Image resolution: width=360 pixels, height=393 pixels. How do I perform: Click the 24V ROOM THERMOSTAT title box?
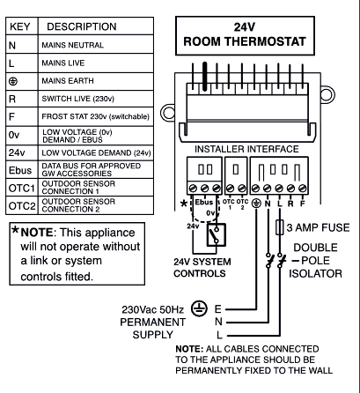tap(245, 35)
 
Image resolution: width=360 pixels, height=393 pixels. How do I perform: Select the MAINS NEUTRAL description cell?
tap(96, 45)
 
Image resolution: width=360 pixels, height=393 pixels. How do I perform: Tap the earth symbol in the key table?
tap(13, 81)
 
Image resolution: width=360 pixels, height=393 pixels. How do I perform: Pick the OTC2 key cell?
tap(22, 205)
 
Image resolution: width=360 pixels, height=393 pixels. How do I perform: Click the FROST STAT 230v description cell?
tap(96, 116)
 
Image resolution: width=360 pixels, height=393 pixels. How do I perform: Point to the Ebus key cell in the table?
tap(22, 169)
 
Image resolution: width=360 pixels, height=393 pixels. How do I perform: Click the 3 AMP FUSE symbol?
tap(280, 227)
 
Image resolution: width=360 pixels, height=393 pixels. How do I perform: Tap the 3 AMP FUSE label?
tap(319, 227)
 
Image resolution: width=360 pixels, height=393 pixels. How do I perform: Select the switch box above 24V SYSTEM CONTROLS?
tap(217, 234)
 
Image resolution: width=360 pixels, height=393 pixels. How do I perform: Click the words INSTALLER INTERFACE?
tap(246, 149)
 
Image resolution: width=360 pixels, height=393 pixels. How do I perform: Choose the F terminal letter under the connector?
tap(303, 204)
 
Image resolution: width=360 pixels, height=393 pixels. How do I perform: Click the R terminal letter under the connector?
tap(290, 204)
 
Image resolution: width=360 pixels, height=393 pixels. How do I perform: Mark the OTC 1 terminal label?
tap(229, 204)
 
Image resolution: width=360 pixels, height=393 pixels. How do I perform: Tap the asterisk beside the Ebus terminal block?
tap(184, 204)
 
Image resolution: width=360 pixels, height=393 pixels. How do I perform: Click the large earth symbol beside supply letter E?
tap(199, 308)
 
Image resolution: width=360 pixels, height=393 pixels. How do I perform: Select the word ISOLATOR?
tap(315, 273)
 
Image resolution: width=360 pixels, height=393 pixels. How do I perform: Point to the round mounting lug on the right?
tap(327, 94)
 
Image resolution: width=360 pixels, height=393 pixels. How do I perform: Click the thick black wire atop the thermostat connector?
tap(205, 76)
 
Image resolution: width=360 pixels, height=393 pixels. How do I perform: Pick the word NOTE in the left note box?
tap(37, 233)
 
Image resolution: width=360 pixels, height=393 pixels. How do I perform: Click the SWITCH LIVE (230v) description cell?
tap(96, 99)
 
